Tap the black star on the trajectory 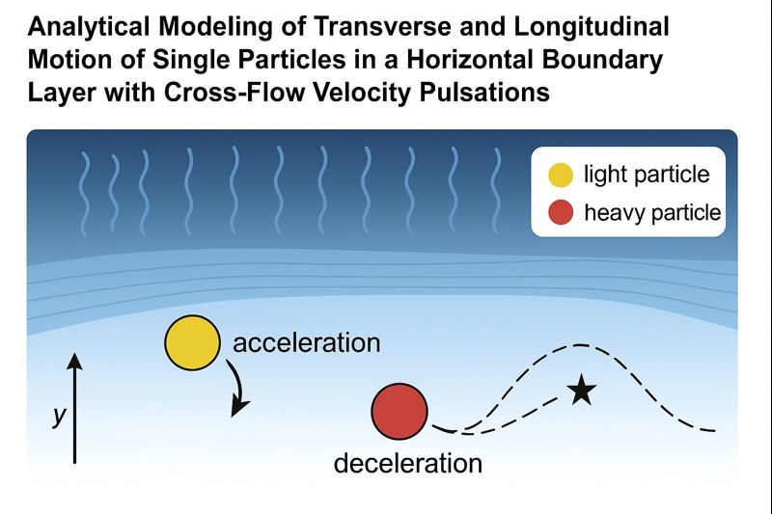pos(580,391)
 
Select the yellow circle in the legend pos(559,176)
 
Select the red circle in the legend pos(559,212)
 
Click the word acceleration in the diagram pos(307,342)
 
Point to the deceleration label pos(407,463)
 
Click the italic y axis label pos(59,417)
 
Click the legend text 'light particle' pos(647,176)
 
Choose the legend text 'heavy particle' pos(652,212)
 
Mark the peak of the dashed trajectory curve pos(579,344)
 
